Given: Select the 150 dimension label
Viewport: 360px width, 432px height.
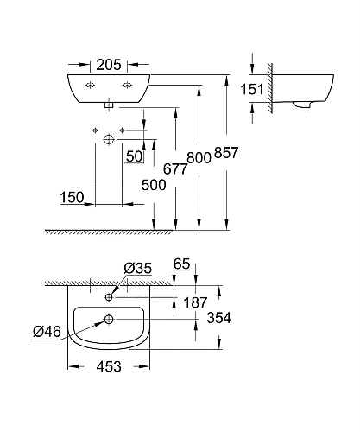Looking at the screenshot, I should pos(72,198).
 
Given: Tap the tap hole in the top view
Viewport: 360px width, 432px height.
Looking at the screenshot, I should pos(109,297).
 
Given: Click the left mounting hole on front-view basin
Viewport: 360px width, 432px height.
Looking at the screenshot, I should pos(91,84).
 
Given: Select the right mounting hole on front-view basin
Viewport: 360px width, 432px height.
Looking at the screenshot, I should pos(127,84).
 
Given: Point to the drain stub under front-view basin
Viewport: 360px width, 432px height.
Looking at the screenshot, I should pos(109,104).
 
